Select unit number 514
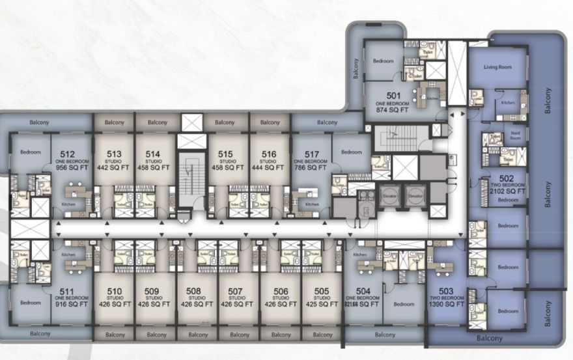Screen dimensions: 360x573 (x=153, y=154)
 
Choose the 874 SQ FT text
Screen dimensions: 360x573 (x=392, y=110)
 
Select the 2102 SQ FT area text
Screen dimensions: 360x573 (x=508, y=191)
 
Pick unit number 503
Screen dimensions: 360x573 (x=447, y=291)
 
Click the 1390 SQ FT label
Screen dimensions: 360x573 (x=447, y=304)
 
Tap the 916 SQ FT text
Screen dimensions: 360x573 (x=64, y=304)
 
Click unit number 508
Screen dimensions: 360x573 (x=193, y=291)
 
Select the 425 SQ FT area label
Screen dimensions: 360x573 (x=322, y=304)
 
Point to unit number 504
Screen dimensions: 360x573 (x=363, y=291)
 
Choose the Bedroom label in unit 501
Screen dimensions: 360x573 (x=383, y=61)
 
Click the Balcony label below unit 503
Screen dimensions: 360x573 (x=490, y=339)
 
